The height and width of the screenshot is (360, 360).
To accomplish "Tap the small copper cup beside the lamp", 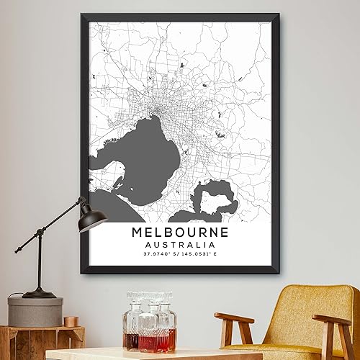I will [x=71, y=321].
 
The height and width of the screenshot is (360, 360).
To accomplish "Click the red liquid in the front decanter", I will [x=146, y=339].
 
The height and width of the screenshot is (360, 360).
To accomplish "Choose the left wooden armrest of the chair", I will [x=234, y=320].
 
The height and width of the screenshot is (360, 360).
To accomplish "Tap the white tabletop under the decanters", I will [x=144, y=355].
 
